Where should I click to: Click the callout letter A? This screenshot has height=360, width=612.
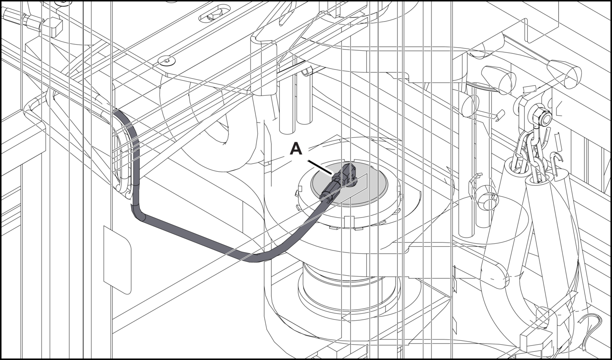tap(296, 149)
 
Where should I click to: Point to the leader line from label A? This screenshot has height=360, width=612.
tap(320, 167)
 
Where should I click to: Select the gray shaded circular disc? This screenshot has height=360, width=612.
tap(349, 183)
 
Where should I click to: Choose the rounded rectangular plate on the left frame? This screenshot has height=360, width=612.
tap(117, 260)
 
